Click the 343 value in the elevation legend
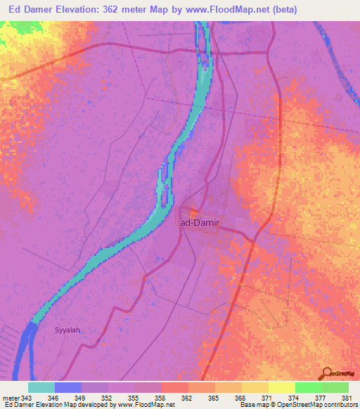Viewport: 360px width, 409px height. point(26,398)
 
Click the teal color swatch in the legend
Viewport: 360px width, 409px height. point(41,387)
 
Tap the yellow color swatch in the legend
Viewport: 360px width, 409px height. point(281,387)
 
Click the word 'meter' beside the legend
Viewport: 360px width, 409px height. point(10,398)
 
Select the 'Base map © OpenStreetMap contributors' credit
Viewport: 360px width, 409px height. point(299,405)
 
